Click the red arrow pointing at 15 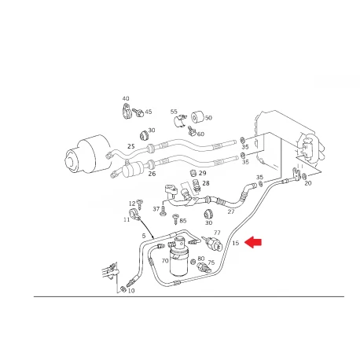click(x=252, y=242)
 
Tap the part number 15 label click(x=236, y=243)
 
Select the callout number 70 click(x=165, y=261)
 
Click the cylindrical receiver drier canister click(x=179, y=257)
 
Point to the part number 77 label click(x=217, y=233)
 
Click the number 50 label click(x=208, y=118)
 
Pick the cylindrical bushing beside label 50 click(x=197, y=117)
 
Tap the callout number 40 click(x=126, y=98)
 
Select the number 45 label click(x=149, y=112)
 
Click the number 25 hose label click(x=131, y=146)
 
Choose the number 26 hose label click(x=152, y=174)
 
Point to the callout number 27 click(x=231, y=211)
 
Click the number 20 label click(x=308, y=183)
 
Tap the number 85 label click(x=183, y=221)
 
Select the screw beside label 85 click(x=175, y=219)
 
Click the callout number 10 click(x=131, y=291)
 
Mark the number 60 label click(x=200, y=134)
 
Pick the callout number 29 click(x=203, y=173)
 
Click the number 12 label click(x=132, y=204)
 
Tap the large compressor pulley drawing click(x=88, y=156)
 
